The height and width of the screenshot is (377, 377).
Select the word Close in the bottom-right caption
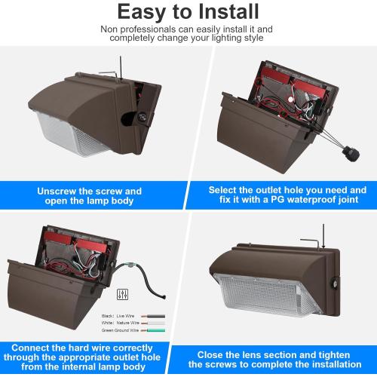[216, 353]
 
